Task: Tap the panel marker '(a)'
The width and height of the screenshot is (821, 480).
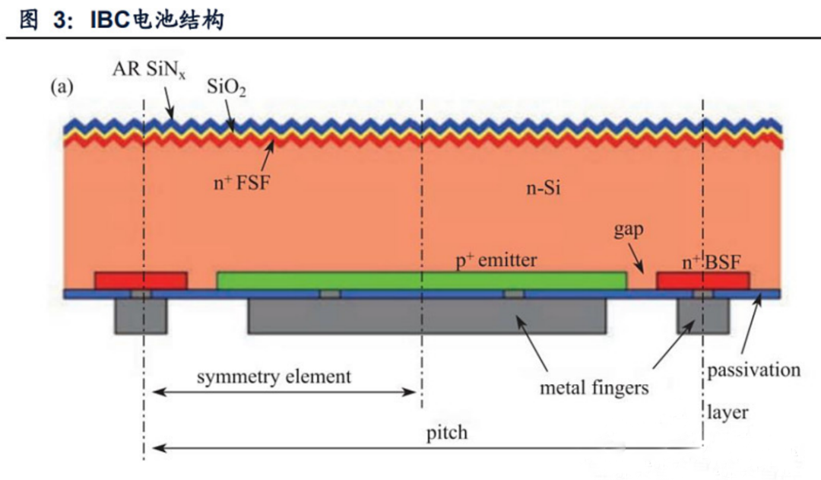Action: coord(62,87)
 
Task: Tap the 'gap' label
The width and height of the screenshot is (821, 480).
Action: coord(629,230)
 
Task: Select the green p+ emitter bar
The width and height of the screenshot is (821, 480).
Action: coord(422,281)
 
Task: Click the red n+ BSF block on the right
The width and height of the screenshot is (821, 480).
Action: coord(703,281)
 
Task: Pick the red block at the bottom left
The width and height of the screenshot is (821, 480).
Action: coord(141,281)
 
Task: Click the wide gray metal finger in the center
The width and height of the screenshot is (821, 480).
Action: coord(426,316)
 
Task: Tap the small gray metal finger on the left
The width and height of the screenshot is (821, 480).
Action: coord(141,316)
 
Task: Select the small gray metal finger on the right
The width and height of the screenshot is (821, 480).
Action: coord(703,316)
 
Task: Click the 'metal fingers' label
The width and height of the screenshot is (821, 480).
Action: coord(594,388)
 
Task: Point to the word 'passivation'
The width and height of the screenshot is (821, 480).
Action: coord(753,370)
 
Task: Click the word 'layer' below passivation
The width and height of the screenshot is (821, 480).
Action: coord(727,413)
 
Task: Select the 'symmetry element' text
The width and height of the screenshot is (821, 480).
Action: coord(274,376)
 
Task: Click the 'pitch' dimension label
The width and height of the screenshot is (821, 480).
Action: coord(446,434)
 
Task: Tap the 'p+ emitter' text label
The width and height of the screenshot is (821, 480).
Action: coord(496,261)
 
